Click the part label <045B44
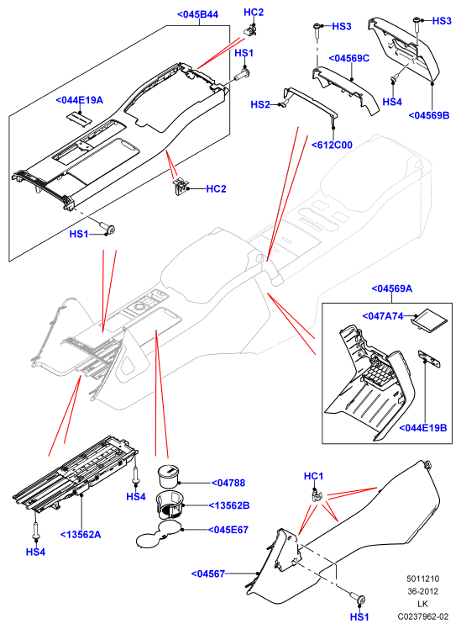pyautogui.click(x=198, y=14)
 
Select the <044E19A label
pyautogui.click(x=79, y=100)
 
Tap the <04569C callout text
pyautogui.click(x=348, y=58)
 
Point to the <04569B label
pyautogui.click(x=429, y=115)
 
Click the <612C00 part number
pyautogui.click(x=332, y=145)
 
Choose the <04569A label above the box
pyautogui.click(x=391, y=288)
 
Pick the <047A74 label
pyautogui.click(x=383, y=316)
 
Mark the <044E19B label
pyautogui.click(x=423, y=428)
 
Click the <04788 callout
pyautogui.click(x=228, y=483)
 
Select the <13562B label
pyautogui.click(x=229, y=505)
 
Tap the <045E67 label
pyautogui.click(x=228, y=530)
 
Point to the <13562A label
pyautogui.click(x=81, y=535)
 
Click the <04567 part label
pyautogui.click(x=208, y=574)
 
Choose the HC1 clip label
pyautogui.click(x=313, y=476)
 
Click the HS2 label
pyautogui.click(x=260, y=105)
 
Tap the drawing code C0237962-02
pyautogui.click(x=423, y=616)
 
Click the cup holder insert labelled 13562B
pyautogui.click(x=170, y=505)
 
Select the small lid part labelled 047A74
pyautogui.click(x=430, y=320)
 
